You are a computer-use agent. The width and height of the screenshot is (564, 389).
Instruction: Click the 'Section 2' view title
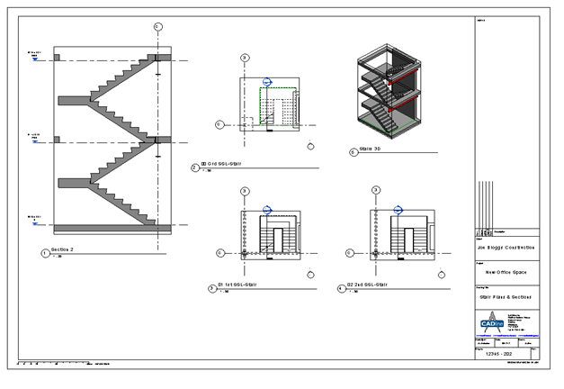pos(64,249)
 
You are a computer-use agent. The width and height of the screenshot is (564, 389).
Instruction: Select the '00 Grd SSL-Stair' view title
pos(221,164)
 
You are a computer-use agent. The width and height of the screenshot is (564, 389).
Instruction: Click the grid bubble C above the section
pos(158,27)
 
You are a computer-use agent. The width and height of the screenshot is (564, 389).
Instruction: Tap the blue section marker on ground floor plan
pos(265,82)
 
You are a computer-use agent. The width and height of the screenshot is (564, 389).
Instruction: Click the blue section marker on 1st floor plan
pos(266,210)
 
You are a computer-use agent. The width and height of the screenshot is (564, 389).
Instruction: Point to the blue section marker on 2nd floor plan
pos(397,210)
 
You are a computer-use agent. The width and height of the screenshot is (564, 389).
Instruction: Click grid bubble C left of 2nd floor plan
pos(349,254)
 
